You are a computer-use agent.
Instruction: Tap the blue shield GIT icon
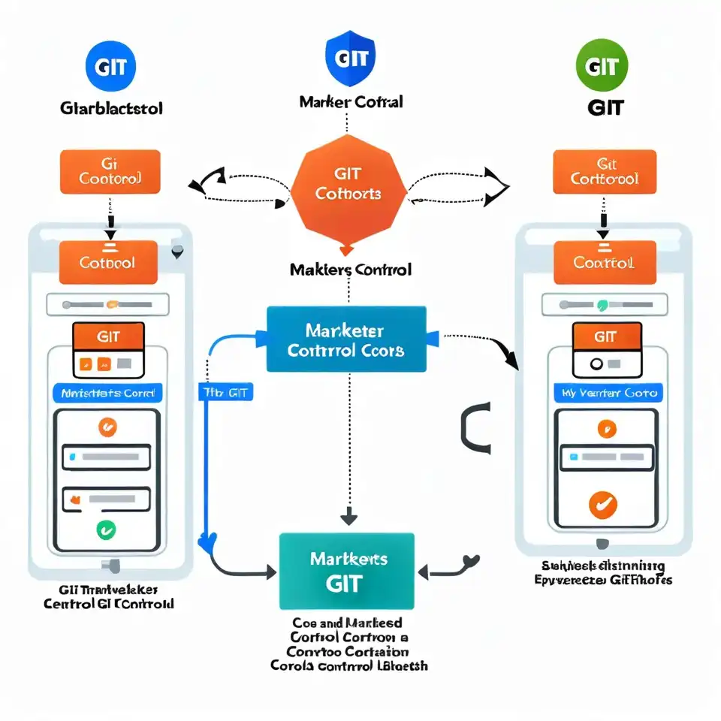point(351,59)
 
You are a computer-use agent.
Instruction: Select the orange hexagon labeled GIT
point(348,186)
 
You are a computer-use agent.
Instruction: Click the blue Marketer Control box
point(346,339)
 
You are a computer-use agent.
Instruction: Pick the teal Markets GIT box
point(346,571)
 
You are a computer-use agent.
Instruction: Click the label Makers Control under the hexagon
point(350,269)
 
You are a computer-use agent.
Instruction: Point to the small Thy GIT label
point(225,393)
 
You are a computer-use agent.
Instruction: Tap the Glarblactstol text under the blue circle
point(110,108)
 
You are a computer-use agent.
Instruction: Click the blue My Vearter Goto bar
point(609,393)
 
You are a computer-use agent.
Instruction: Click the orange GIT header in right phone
point(606,336)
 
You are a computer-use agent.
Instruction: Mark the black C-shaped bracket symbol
point(475,427)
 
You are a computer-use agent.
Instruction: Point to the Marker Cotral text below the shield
point(350,101)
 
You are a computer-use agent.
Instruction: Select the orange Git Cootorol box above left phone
point(110,172)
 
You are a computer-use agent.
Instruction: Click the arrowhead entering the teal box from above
point(348,517)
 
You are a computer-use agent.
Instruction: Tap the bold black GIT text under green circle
point(605,107)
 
